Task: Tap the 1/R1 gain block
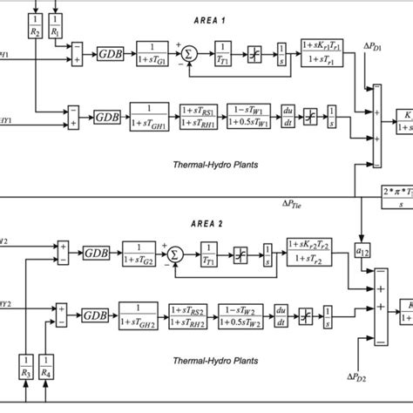pyautogui.click(x=55, y=23)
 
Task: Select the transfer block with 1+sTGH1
pyautogui.click(x=150, y=116)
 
